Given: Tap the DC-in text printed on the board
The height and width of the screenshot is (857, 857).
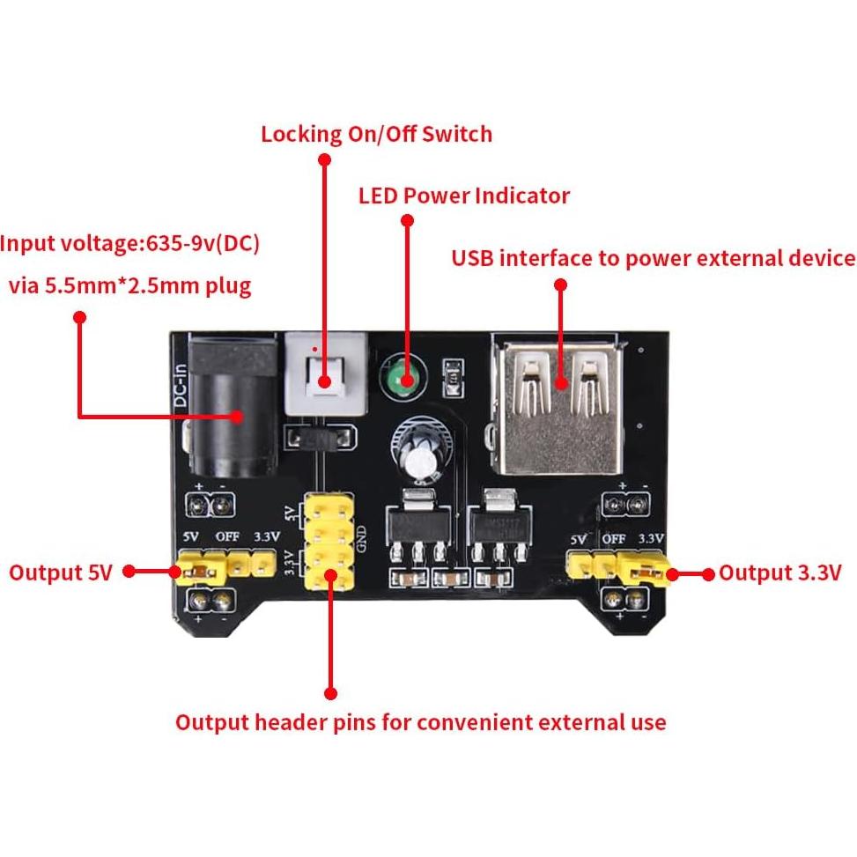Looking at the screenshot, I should pyautogui.click(x=180, y=388).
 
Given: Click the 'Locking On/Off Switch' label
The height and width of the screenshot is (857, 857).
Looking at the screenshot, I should pyautogui.click(x=376, y=134).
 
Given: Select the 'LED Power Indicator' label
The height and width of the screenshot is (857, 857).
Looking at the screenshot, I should pyautogui.click(x=463, y=195).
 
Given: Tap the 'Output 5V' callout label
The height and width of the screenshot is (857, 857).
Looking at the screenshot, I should pyautogui.click(x=61, y=573).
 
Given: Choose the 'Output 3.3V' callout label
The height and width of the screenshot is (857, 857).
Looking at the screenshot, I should pyautogui.click(x=780, y=573).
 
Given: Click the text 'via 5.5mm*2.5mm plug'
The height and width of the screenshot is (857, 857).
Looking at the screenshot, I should pyautogui.click(x=129, y=285).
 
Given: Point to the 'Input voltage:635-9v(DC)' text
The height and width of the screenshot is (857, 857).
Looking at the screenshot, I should pyautogui.click(x=130, y=243).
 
